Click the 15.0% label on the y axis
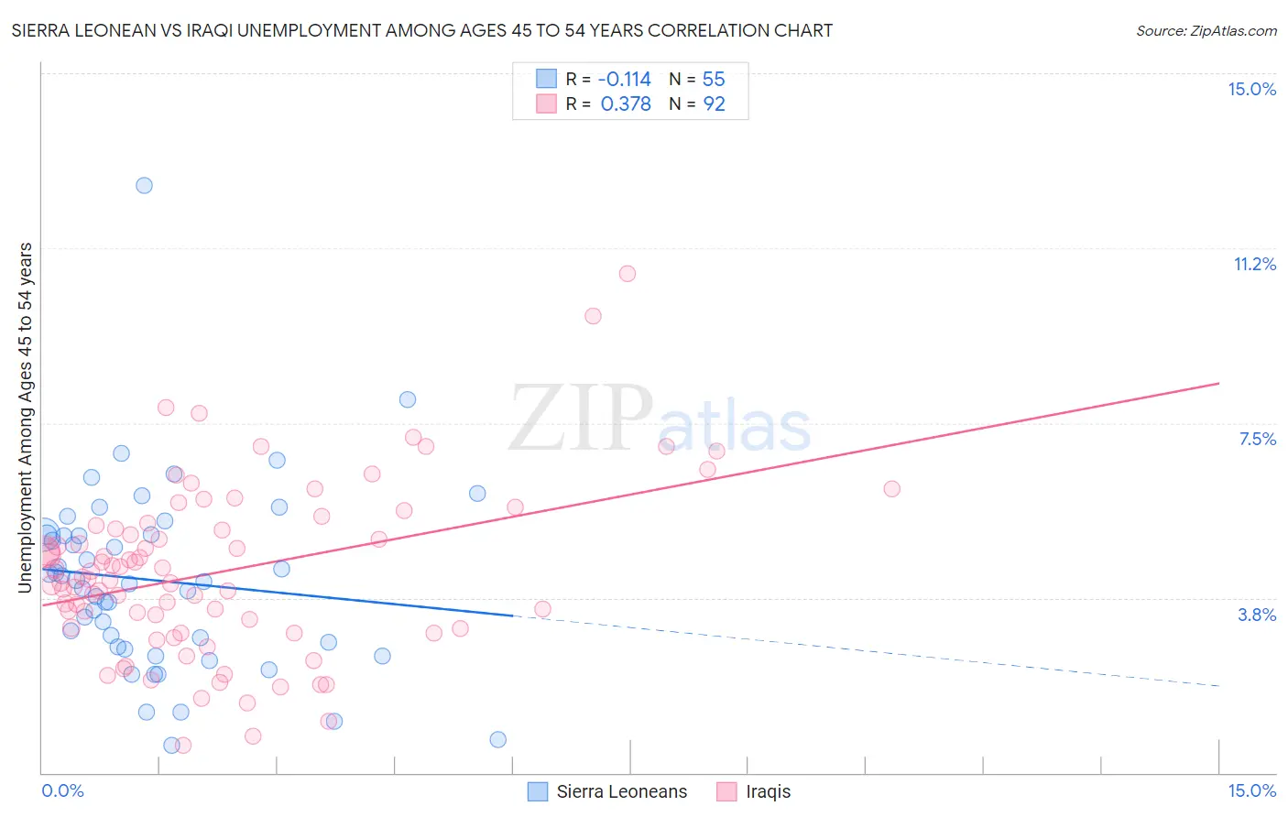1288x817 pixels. pyautogui.click(x=1251, y=89)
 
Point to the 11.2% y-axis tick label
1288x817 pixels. pyautogui.click(x=1254, y=264)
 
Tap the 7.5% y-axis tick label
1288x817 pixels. pyautogui.click(x=1257, y=439)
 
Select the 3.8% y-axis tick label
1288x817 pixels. pyautogui.click(x=1257, y=615)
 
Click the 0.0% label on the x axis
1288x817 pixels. pyautogui.click(x=62, y=790)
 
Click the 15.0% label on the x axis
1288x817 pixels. pyautogui.click(x=1251, y=790)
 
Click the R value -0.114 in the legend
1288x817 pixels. pyautogui.click(x=626, y=80)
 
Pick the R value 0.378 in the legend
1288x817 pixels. pyautogui.click(x=626, y=104)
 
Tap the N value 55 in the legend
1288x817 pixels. pyautogui.click(x=714, y=80)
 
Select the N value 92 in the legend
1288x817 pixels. pyautogui.click(x=714, y=104)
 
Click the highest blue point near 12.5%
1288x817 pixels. pyautogui.click(x=144, y=185)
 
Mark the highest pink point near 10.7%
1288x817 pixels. pyautogui.click(x=628, y=273)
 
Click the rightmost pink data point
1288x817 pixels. pyautogui.click(x=891, y=488)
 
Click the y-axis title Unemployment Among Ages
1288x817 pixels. pyautogui.click(x=25, y=417)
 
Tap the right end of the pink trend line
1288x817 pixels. pyautogui.click(x=1218, y=383)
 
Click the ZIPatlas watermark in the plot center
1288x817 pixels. pyautogui.click(x=660, y=419)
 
